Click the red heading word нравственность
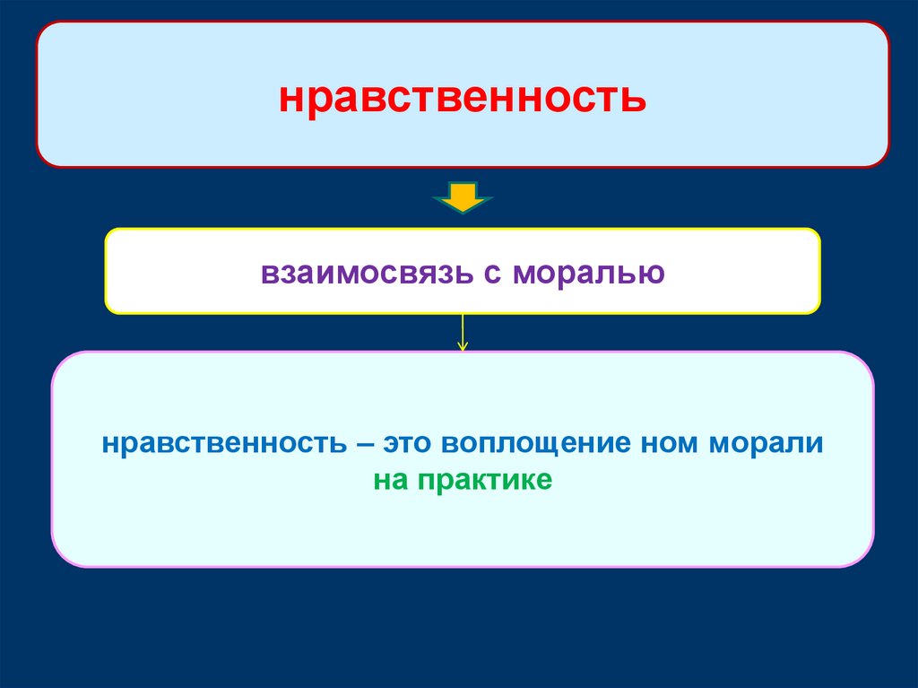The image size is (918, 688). click(462, 97)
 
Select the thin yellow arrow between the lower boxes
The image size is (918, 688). click(463, 332)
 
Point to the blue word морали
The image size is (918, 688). click(769, 444)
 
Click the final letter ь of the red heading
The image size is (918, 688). click(634, 98)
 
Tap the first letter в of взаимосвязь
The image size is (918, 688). click(268, 273)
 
